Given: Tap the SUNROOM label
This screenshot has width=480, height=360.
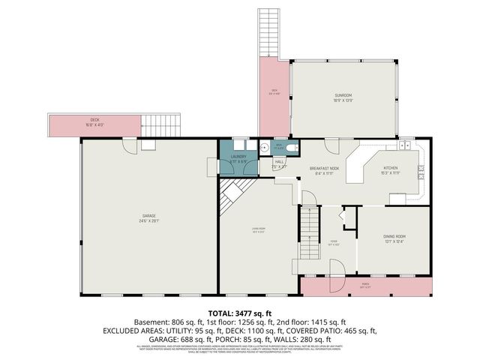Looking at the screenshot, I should click(343, 95).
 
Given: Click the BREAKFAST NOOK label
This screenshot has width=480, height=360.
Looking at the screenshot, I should click(325, 169).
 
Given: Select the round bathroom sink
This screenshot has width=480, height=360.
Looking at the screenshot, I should click(265, 148).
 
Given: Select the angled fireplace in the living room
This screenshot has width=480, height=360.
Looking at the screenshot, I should click(231, 196).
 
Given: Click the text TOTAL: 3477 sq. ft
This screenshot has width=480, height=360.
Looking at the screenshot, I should click(240, 312).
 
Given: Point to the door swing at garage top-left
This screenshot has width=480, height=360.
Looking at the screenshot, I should click(130, 145).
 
